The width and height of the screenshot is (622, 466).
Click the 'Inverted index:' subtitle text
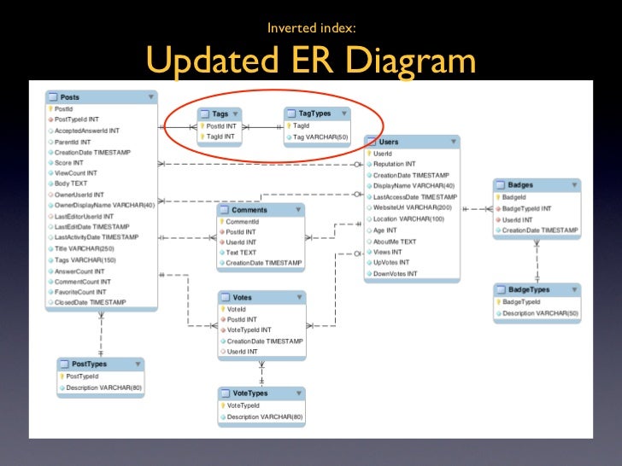pyautogui.click(x=311, y=28)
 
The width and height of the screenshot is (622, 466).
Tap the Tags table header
pyautogui.click(x=220, y=113)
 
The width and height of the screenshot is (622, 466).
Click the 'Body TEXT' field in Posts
pyautogui.click(x=71, y=183)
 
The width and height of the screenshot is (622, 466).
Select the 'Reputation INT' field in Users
pyautogui.click(x=394, y=164)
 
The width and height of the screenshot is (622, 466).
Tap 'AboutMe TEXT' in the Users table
pyautogui.click(x=395, y=242)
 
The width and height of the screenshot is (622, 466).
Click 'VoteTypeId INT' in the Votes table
pyautogui.click(x=249, y=330)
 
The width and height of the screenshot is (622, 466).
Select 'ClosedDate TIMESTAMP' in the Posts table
pyautogui.click(x=90, y=302)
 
